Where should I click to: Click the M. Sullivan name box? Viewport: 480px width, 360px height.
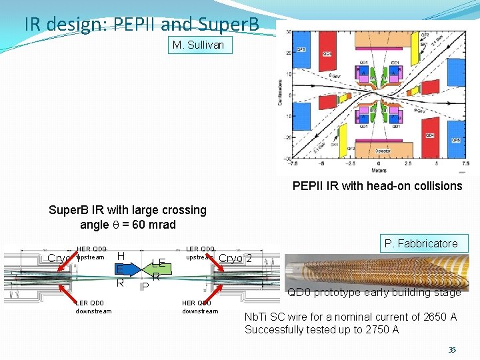tap(200, 45)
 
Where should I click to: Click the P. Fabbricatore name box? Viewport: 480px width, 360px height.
tap(425, 243)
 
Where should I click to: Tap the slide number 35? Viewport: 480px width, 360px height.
tap(452, 349)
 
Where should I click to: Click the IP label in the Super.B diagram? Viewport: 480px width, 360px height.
tap(144, 287)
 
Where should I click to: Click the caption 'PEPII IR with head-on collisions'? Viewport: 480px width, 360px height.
tap(377, 186)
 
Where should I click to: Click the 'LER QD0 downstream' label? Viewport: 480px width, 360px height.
tap(93, 307)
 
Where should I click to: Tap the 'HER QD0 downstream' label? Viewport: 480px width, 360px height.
tap(199, 307)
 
